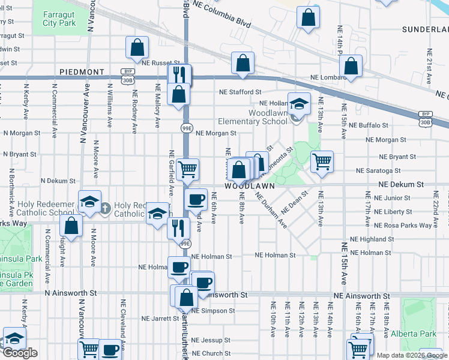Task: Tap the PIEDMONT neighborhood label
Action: [x=83, y=72]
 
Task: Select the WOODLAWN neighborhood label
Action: [x=250, y=186]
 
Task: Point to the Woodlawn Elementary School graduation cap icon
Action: [x=298, y=104]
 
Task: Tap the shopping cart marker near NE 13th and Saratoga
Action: [x=322, y=161]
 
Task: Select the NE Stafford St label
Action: [x=240, y=92]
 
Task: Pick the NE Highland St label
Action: [x=372, y=239]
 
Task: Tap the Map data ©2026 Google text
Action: [x=411, y=355]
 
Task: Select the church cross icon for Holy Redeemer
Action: [x=104, y=208]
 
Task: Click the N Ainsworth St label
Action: [x=71, y=293]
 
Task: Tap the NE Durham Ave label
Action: [x=271, y=210]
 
